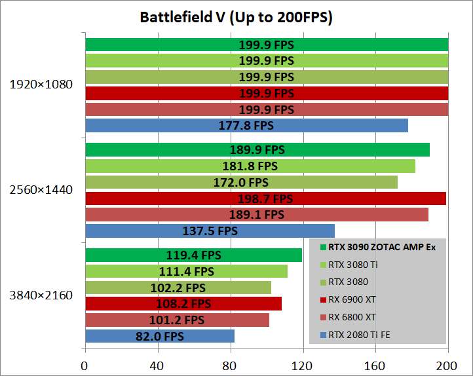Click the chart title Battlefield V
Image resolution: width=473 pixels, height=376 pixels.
point(236,17)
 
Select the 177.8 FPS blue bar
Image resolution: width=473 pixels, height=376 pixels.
point(246,125)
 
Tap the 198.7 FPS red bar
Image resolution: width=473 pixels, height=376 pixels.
point(265,198)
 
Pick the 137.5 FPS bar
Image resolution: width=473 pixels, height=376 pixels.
point(210,231)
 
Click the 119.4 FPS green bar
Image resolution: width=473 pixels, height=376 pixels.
point(193,255)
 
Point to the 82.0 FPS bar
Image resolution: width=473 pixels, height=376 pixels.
point(159,336)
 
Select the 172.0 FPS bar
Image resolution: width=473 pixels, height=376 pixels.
point(241,182)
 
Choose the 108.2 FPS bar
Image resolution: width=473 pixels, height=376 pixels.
point(183,304)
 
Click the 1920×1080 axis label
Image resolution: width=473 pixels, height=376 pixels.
point(41,85)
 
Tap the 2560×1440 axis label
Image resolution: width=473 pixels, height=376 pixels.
point(41,190)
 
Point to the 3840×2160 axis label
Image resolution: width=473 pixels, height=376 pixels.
point(41,295)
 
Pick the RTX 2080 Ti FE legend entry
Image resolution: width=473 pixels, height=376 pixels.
point(364,335)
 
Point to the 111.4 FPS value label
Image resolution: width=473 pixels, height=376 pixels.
point(186,271)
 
